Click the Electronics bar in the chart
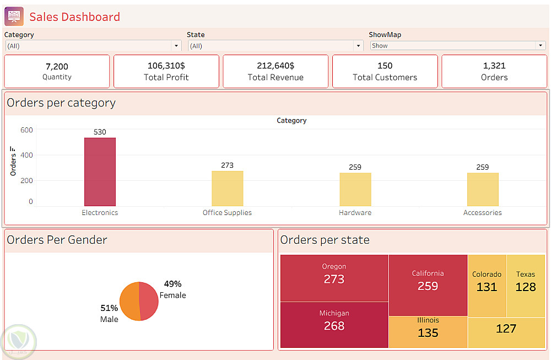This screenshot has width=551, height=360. (x=100, y=172)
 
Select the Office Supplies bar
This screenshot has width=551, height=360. (x=227, y=189)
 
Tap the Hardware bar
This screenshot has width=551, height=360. (x=355, y=190)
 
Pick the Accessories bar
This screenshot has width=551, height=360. (x=483, y=190)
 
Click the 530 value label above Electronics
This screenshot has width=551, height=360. (x=100, y=132)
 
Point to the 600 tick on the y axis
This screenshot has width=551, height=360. (x=27, y=130)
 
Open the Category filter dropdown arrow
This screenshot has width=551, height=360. (x=176, y=46)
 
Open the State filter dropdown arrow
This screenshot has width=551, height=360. (x=359, y=46)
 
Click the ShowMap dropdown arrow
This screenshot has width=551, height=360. (x=541, y=46)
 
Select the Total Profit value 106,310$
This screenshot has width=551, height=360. (x=166, y=66)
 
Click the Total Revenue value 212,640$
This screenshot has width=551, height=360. (x=275, y=66)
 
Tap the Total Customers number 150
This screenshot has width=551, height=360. (x=385, y=66)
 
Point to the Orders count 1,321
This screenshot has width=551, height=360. (x=494, y=66)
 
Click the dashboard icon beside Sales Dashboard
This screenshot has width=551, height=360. (x=14, y=17)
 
